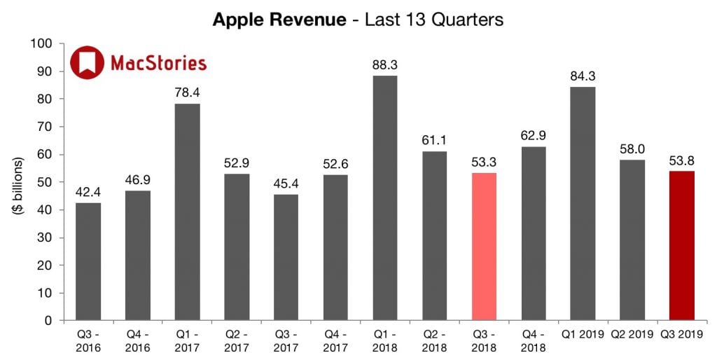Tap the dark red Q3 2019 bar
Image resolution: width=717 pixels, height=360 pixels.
(x=681, y=246)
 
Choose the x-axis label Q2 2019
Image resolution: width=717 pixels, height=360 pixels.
(x=632, y=335)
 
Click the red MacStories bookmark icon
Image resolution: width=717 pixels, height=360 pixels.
(x=86, y=62)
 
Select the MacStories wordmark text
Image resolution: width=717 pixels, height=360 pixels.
(x=158, y=63)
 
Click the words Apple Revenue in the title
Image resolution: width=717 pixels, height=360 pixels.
(x=279, y=20)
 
